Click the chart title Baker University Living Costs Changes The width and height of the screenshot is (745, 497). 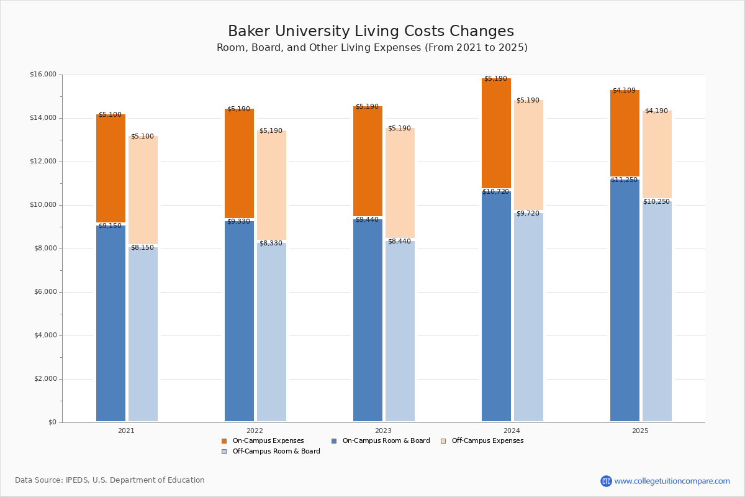tap(371, 31)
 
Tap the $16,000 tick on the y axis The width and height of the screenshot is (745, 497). tap(43, 75)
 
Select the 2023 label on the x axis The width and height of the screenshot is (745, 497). tap(383, 431)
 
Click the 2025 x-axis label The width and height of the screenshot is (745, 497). tap(640, 431)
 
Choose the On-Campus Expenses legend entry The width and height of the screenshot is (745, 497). tap(268, 441)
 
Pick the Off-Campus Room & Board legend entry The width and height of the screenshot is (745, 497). tap(276, 452)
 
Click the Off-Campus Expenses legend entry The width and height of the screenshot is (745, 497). tap(487, 441)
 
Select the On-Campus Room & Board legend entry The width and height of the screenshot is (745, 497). tap(386, 441)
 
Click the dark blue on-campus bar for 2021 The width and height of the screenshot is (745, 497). tap(111, 323)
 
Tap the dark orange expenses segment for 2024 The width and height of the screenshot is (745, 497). tap(496, 134)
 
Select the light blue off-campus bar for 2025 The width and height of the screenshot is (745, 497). tap(657, 311)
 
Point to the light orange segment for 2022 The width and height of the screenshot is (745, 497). tap(271, 186)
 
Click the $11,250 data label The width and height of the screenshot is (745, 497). tap(624, 180)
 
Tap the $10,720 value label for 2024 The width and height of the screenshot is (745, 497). tap(495, 192)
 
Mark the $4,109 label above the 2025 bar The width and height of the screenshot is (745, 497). tap(624, 91)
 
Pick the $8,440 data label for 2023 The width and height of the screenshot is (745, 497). tap(399, 242)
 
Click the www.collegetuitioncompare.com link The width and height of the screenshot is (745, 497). tap(672, 481)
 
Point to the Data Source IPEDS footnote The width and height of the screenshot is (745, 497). tap(110, 480)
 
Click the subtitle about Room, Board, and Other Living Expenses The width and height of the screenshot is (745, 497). tap(372, 48)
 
